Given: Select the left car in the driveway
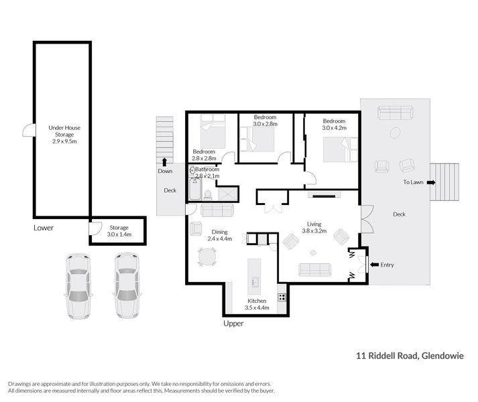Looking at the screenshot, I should point(78,285).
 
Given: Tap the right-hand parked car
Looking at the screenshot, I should point(126,285).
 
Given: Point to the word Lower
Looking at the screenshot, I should point(44,228).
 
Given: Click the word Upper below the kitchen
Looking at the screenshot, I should point(233,324).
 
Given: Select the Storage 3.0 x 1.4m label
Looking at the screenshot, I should point(119,231).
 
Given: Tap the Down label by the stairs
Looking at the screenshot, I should point(165,171).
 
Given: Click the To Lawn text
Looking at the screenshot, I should point(413,182).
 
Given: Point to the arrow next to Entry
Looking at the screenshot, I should point(373,265).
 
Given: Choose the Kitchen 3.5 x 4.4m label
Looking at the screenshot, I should point(257,304).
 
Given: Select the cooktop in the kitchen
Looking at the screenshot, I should point(282,297).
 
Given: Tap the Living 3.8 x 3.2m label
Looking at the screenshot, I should point(315,228).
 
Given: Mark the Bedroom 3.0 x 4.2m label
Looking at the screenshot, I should point(334,124).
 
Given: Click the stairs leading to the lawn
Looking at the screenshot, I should point(446,182).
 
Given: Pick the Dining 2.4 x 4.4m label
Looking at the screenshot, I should point(219,234).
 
